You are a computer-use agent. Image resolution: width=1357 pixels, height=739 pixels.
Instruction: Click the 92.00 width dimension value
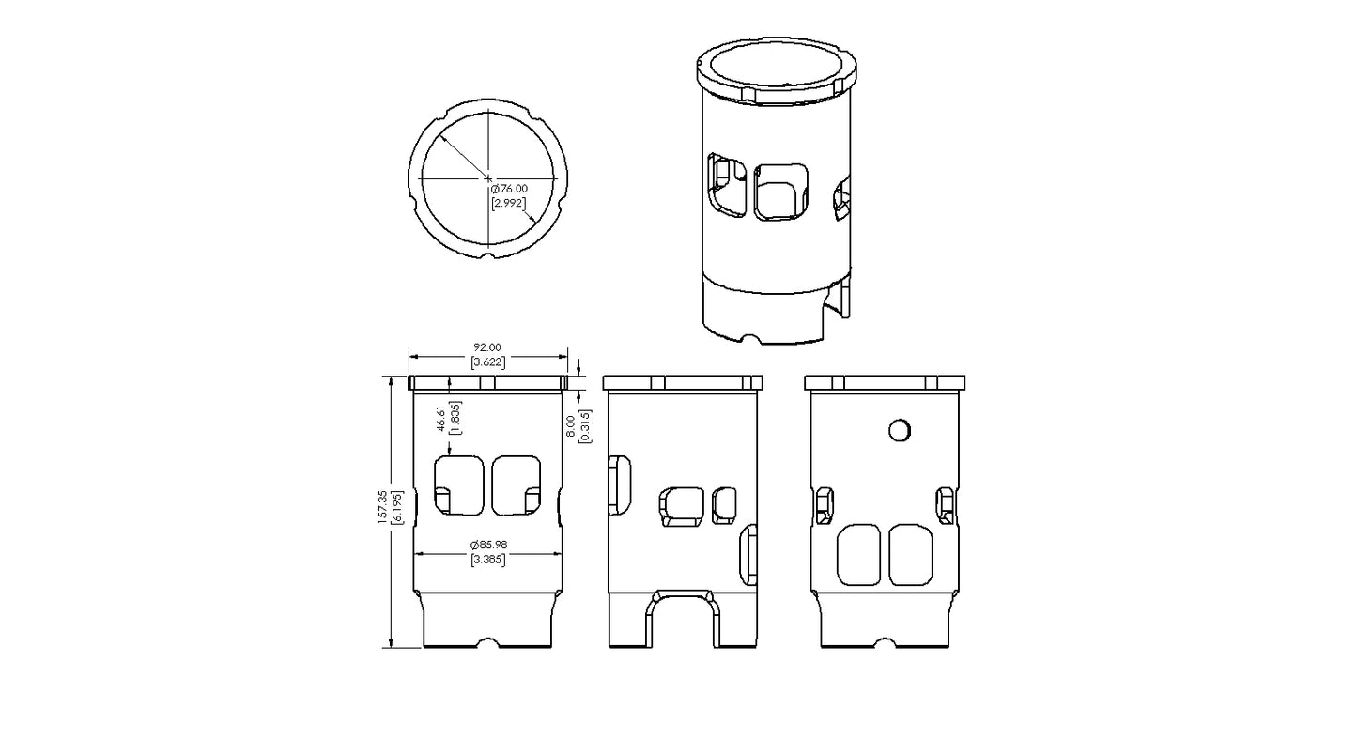(487, 347)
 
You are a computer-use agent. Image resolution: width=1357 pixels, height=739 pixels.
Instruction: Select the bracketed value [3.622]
(487, 362)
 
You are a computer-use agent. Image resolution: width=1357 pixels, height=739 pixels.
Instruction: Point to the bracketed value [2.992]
(508, 203)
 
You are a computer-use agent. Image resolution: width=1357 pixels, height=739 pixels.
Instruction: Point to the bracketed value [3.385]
(487, 561)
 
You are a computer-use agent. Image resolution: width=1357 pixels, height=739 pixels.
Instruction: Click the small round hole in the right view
(899, 429)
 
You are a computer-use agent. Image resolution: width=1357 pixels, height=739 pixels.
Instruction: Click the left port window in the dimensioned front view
(458, 486)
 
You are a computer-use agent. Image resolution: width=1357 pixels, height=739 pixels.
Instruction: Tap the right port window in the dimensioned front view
(517, 486)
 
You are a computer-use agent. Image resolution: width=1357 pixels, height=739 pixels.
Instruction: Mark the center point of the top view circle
(488, 177)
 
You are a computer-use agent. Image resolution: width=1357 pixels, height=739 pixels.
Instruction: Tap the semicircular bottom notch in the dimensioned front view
(487, 644)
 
